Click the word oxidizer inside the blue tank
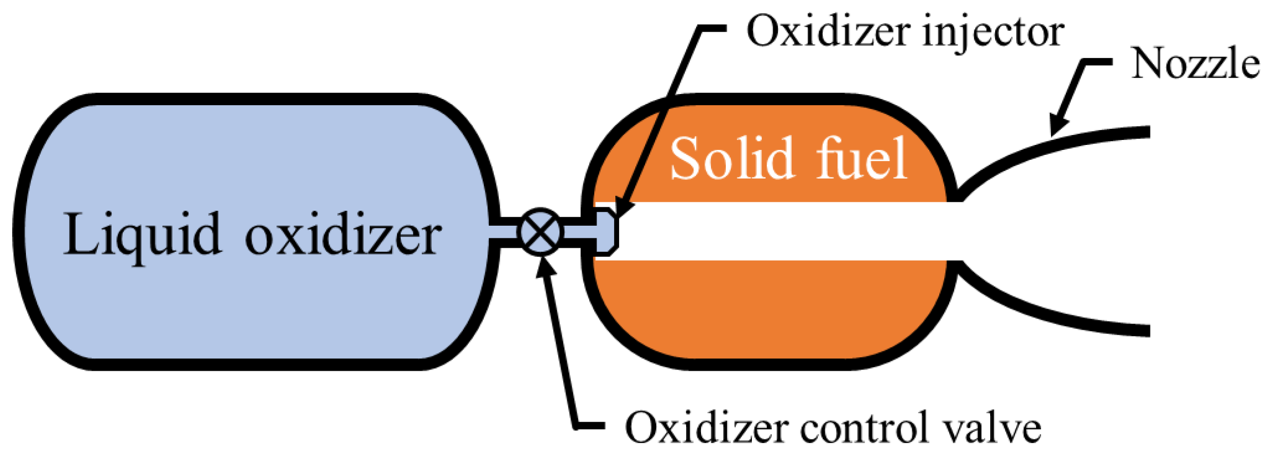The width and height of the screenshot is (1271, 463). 343,236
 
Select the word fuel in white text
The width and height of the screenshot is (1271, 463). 862,159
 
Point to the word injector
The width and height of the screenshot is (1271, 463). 992,32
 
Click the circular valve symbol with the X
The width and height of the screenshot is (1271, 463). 541,232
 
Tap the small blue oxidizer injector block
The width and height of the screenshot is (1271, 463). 605,232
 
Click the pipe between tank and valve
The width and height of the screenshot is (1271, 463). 508,232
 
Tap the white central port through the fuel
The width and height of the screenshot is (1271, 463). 785,232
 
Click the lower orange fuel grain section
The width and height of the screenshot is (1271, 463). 768,310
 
